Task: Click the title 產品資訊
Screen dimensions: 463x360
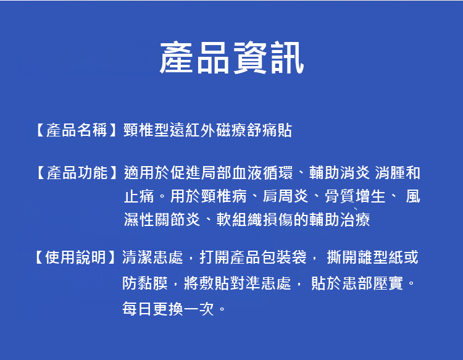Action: (x=231, y=57)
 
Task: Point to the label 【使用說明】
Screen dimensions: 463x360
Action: (x=75, y=257)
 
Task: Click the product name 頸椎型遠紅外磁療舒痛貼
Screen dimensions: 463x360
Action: (x=208, y=130)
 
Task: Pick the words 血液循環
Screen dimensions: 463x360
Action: (x=263, y=173)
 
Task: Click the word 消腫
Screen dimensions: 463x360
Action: (x=390, y=173)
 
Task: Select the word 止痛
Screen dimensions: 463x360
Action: (x=139, y=196)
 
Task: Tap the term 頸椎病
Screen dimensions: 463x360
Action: (x=223, y=196)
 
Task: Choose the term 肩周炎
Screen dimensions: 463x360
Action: (x=286, y=196)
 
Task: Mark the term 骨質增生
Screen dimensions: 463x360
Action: (x=355, y=196)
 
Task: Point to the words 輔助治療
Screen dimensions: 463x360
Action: (x=340, y=220)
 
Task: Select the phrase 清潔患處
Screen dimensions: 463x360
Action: (x=152, y=257)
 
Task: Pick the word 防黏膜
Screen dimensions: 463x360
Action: (x=145, y=283)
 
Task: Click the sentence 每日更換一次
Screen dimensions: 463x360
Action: (x=168, y=309)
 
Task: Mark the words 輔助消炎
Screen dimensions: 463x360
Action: (x=340, y=173)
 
